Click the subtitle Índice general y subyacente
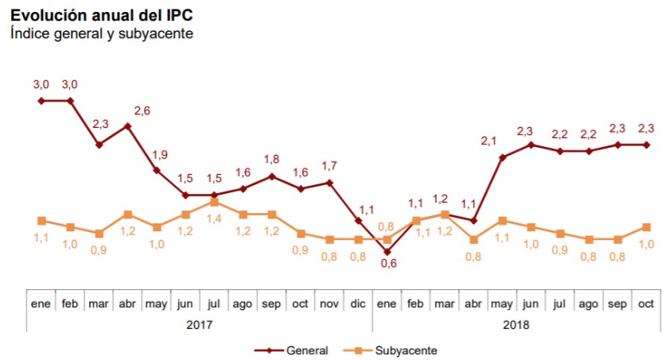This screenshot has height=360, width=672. pyautogui.click(x=102, y=34)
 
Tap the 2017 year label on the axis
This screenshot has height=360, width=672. pyautogui.click(x=199, y=324)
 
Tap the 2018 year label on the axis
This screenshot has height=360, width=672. pyautogui.click(x=515, y=324)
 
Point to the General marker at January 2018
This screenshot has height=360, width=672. pyautogui.click(x=386, y=252)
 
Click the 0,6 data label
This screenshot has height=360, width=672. pyautogui.click(x=389, y=265)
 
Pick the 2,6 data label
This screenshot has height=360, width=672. pyautogui.click(x=142, y=111)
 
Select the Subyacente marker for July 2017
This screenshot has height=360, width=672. pyautogui.click(x=215, y=202)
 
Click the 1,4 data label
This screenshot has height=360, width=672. pyautogui.click(x=214, y=218)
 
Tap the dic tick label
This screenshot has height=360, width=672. pyautogui.click(x=358, y=304)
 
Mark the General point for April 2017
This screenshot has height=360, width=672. pyautogui.click(x=128, y=126)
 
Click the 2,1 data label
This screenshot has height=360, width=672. pyautogui.click(x=489, y=142)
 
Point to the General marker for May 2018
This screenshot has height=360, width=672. pyautogui.click(x=502, y=157)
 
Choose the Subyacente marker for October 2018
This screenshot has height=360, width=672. pyautogui.click(x=646, y=227)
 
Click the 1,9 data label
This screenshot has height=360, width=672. pyautogui.click(x=159, y=155)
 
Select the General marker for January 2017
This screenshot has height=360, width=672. pyautogui.click(x=41, y=101)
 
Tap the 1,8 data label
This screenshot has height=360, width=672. pyautogui.click(x=271, y=160)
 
